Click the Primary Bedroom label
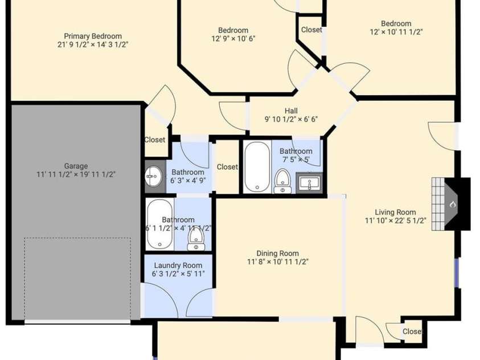93,36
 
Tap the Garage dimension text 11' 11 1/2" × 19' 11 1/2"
76,174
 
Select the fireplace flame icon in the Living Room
453,204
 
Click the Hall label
291,111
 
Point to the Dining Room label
278,253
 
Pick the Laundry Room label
178,265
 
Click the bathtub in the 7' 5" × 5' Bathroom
257,167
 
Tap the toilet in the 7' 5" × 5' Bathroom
282,181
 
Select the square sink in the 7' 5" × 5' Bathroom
309,183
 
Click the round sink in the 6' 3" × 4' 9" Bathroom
154,177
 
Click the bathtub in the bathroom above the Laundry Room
159,224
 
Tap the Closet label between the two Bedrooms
311,30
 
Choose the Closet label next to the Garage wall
155,140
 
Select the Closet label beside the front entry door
413,332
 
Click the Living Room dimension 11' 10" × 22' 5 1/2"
396,220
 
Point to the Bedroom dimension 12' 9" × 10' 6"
233,39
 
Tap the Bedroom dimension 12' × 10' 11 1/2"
396,32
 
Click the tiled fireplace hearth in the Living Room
438,204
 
